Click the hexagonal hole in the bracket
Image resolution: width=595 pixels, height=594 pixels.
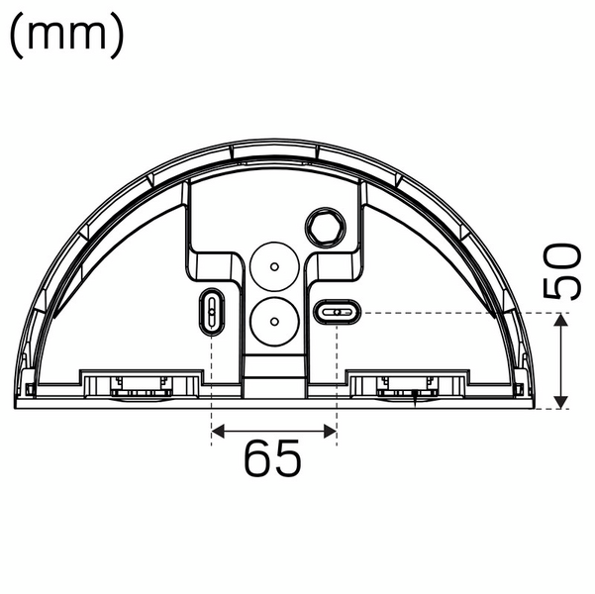click(323, 227)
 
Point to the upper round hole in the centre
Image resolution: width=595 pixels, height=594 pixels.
click(273, 265)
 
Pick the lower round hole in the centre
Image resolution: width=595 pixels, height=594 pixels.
click(273, 319)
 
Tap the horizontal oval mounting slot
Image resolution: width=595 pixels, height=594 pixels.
click(337, 313)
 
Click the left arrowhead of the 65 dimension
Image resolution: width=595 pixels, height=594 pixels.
click(219, 431)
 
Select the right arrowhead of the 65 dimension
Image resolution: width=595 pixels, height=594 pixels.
click(331, 431)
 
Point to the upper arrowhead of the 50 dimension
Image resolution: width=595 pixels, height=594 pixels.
click(561, 319)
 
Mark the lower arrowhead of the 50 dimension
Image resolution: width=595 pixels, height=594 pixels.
click(561, 401)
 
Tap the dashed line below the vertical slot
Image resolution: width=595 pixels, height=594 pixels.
click(212, 386)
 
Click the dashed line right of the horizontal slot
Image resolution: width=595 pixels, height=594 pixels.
click(446, 313)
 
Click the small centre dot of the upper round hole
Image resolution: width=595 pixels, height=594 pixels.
click(273, 265)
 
